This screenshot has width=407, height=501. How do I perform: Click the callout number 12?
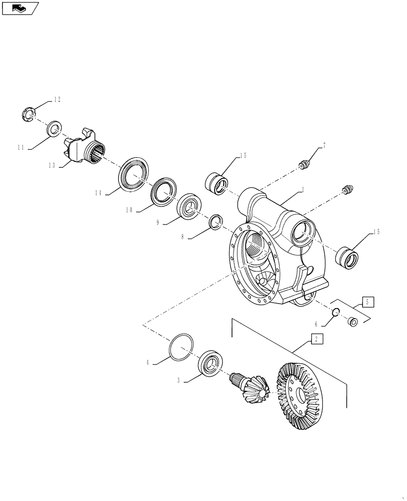tap(57, 100)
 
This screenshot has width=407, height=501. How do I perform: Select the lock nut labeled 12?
tap(29, 115)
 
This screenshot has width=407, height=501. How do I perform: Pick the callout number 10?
tap(129, 210)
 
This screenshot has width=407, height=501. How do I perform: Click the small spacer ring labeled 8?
tap(216, 220)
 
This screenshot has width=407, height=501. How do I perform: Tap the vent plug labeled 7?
tap(304, 165)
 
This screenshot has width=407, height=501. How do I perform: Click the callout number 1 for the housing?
tap(303, 190)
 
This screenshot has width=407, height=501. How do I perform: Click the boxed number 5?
tap(367, 302)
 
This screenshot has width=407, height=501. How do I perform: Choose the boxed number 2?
tap(317, 339)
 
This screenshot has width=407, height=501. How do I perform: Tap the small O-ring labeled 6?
tap(336, 312)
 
